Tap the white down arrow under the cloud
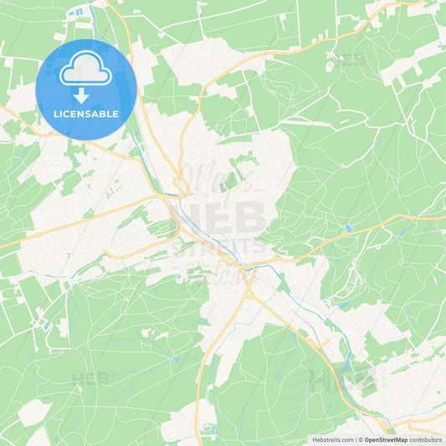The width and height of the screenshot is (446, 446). click(x=86, y=95)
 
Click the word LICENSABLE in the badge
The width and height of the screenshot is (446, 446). click(x=86, y=113)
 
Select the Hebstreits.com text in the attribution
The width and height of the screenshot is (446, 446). click(x=332, y=439)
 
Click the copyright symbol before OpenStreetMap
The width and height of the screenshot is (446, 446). click(x=361, y=439)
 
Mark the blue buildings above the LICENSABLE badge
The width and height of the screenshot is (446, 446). click(x=79, y=13)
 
